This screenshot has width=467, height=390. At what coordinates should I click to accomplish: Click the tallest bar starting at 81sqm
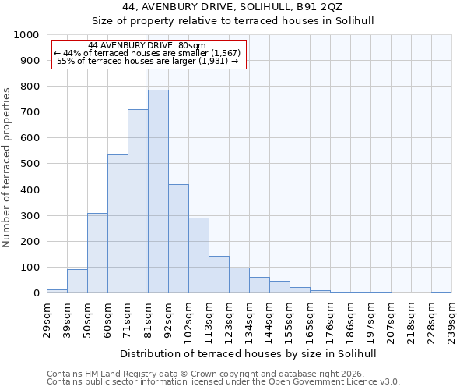tap(158, 191)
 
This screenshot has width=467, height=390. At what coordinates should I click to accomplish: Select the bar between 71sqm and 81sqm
tap(138, 201)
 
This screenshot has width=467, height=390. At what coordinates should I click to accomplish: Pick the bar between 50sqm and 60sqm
tap(97, 253)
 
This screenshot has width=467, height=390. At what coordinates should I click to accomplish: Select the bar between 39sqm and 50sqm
tap(77, 281)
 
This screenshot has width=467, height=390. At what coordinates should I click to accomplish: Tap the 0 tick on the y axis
tap(36, 293)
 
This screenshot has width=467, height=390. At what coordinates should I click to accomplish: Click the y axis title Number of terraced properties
tap(7, 167)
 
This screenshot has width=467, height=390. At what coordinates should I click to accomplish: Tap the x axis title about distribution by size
tap(249, 353)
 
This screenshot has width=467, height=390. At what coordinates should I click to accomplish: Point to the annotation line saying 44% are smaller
tap(147, 53)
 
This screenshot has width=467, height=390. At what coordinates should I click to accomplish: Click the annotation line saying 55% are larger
tap(147, 61)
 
